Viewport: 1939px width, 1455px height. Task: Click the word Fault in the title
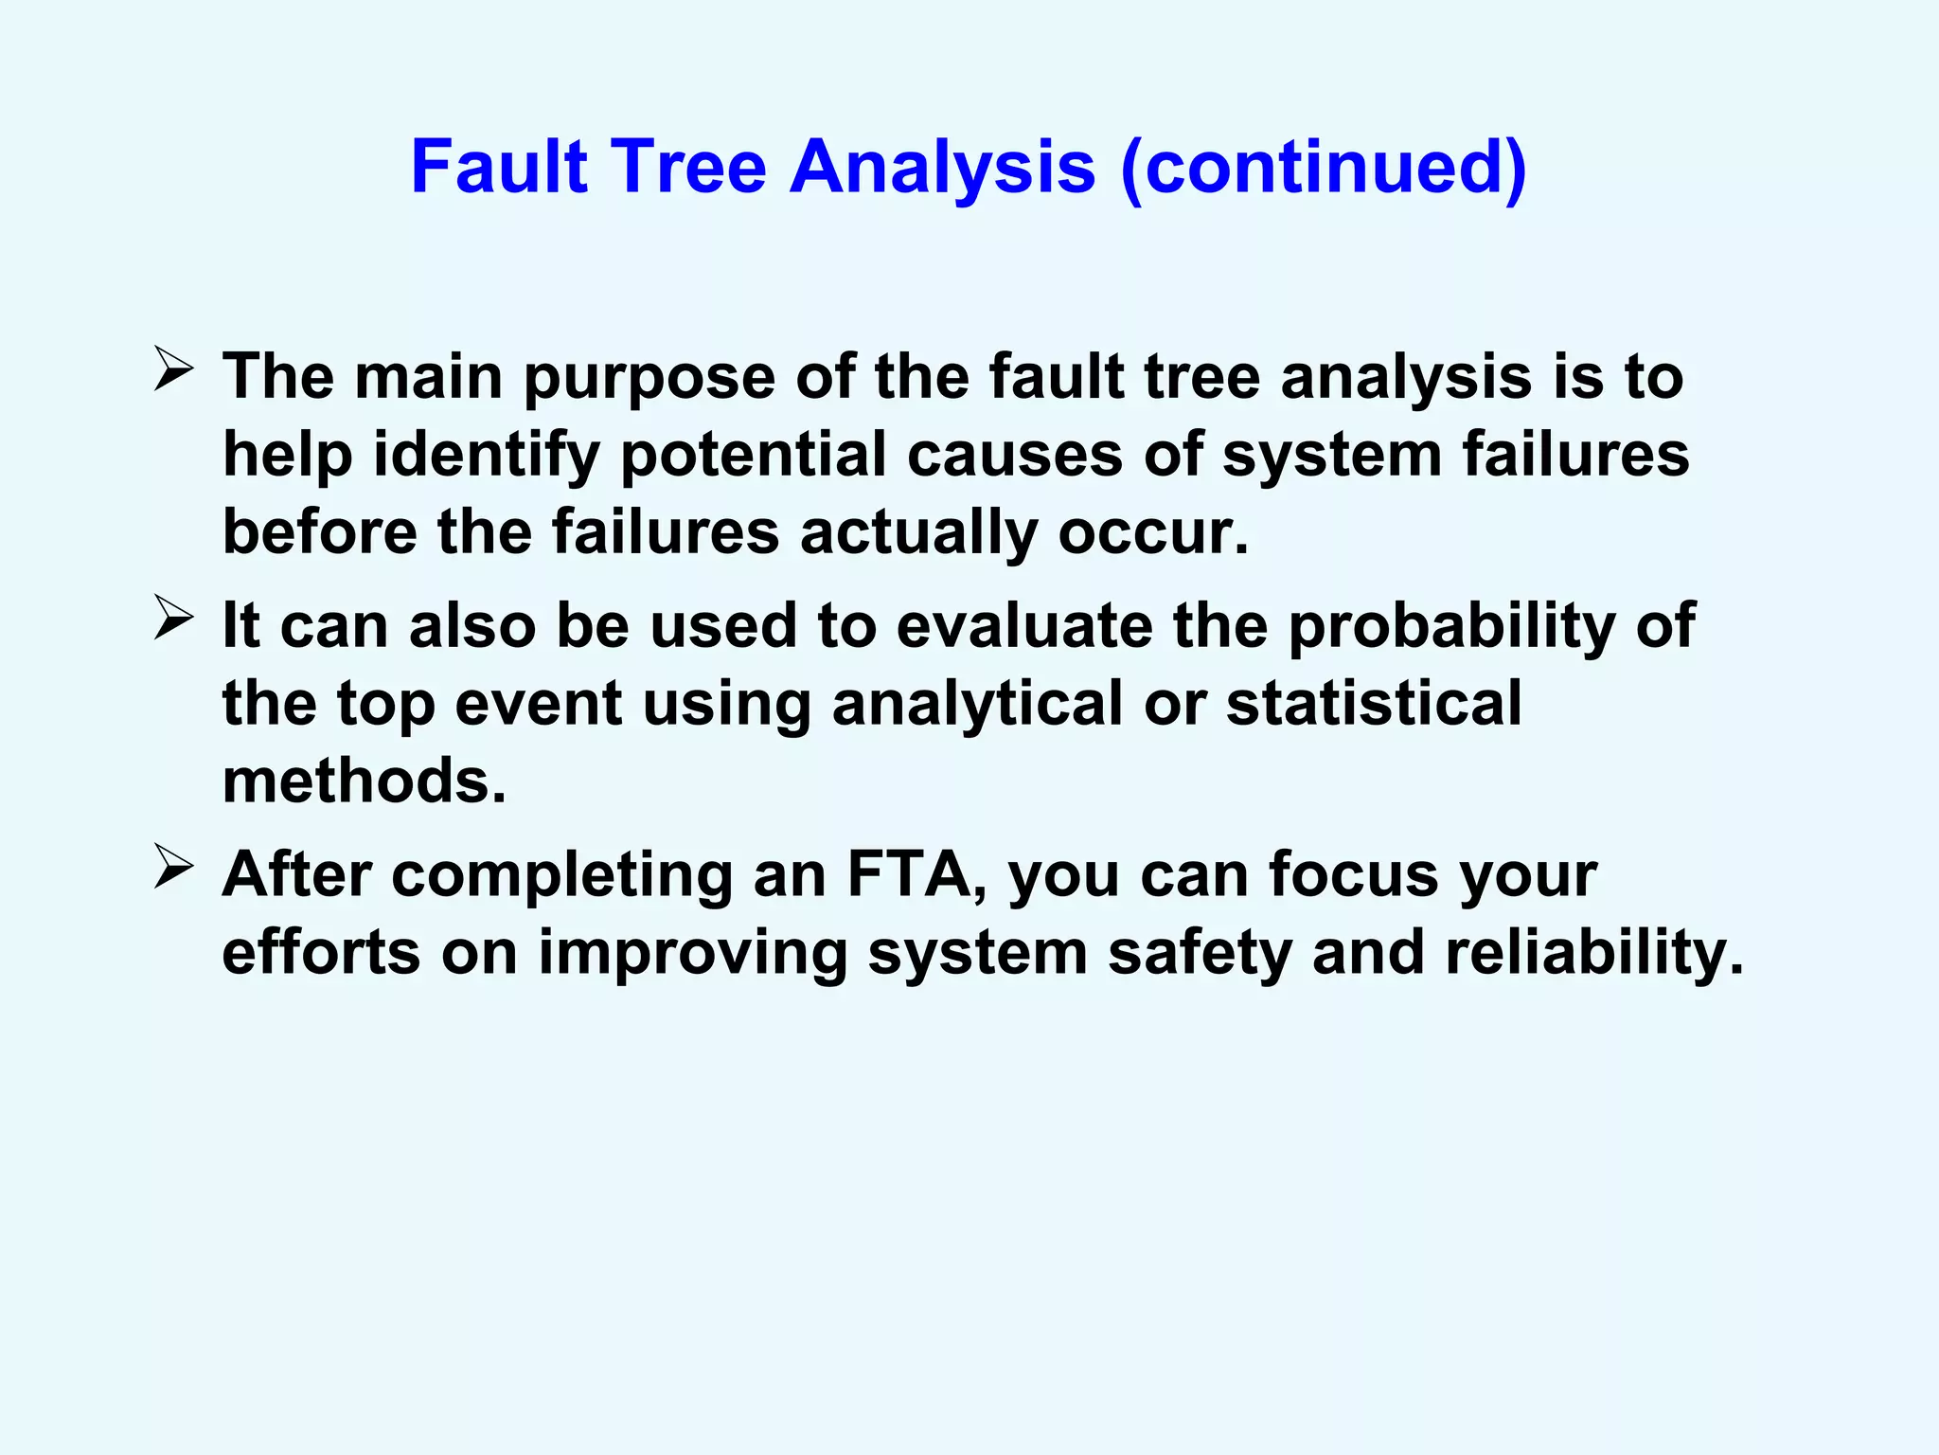[x=499, y=167]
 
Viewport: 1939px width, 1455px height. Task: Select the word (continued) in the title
[x=1323, y=169]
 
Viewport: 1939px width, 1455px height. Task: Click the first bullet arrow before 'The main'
[x=173, y=370]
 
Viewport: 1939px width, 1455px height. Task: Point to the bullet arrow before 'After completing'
[x=173, y=868]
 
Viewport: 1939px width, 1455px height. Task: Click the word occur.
[x=1153, y=532]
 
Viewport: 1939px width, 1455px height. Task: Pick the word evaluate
[x=1025, y=626]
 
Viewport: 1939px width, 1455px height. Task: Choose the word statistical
[x=1374, y=704]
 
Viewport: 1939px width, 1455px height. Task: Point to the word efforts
[x=321, y=952]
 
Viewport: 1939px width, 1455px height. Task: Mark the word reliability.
[x=1593, y=954]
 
